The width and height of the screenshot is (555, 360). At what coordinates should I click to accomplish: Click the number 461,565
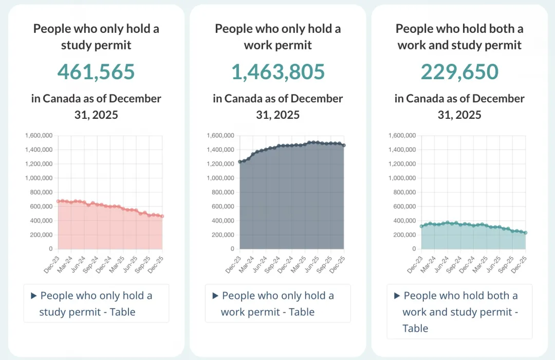[x=96, y=71]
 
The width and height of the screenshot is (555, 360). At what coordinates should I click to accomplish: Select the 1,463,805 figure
[x=278, y=71]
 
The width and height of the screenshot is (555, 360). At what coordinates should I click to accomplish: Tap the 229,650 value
[x=459, y=71]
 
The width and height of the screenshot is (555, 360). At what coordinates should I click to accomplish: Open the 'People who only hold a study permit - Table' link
[x=96, y=303]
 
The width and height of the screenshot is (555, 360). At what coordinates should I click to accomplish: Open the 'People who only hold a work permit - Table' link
[x=277, y=303]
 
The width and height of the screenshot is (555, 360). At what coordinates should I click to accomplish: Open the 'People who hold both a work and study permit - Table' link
[x=459, y=312]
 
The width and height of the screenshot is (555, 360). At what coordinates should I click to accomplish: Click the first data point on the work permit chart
[x=240, y=162]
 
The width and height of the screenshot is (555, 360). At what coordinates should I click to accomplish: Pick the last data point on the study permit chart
[x=162, y=216]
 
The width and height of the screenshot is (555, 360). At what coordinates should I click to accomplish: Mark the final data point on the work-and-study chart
[x=526, y=232]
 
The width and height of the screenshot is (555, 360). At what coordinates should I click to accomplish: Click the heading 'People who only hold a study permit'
[x=96, y=37]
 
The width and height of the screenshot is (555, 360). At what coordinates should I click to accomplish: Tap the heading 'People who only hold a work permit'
[x=278, y=37]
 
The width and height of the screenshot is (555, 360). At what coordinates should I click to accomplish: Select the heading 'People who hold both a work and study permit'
[x=459, y=37]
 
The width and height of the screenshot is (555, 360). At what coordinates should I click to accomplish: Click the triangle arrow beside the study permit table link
[x=34, y=296]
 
